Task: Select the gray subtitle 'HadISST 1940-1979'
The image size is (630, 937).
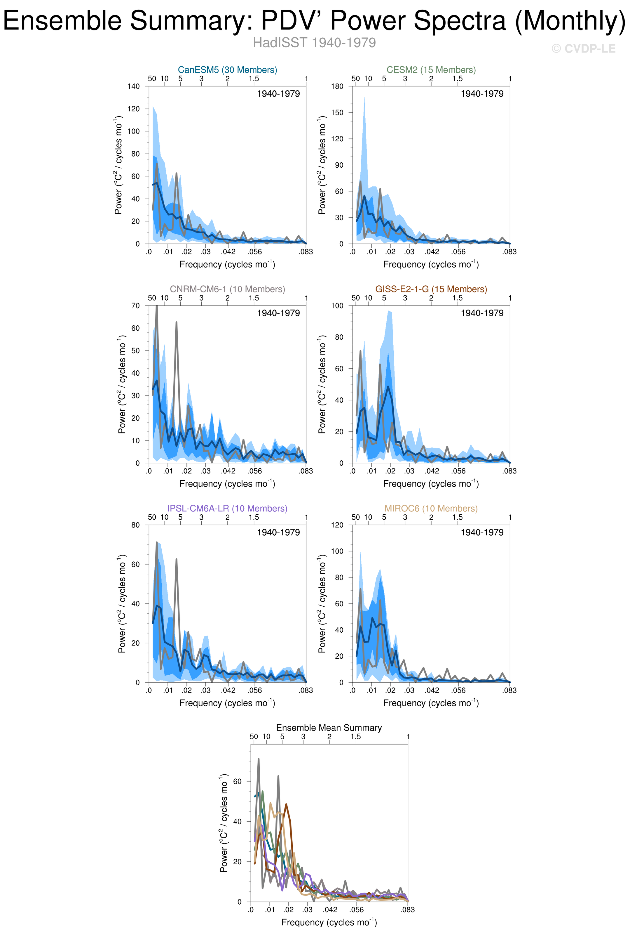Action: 314,43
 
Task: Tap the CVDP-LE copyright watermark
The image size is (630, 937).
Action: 583,49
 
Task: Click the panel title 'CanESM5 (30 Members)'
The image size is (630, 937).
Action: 227,70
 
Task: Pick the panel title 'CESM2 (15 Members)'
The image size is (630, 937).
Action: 431,70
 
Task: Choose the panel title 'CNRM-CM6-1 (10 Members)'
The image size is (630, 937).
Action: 227,289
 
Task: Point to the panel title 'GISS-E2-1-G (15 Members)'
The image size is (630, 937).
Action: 431,289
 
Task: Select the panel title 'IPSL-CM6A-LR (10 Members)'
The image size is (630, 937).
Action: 227,508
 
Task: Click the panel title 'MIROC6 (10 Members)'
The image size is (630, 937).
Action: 431,508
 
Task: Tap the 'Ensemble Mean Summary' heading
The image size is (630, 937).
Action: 329,728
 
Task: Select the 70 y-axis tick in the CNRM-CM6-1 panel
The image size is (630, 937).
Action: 135,306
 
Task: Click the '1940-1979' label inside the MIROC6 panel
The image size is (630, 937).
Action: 482,532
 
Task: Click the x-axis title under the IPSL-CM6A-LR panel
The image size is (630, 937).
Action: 227,703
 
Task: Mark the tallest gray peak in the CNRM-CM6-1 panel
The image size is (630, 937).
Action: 157,306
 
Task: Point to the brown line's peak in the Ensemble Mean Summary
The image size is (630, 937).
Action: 286,804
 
